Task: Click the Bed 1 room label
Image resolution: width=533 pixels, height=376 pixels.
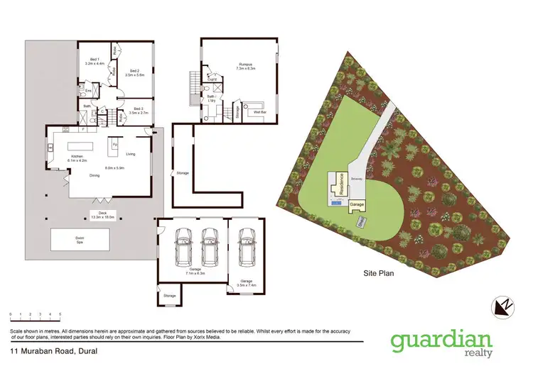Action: (94, 60)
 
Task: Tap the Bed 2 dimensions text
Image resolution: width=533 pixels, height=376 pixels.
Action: (134, 74)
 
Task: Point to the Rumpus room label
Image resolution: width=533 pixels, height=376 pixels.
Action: (246, 65)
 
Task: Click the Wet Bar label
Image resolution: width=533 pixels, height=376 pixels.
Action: (255, 112)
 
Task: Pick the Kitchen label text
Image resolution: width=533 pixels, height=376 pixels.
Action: (76, 157)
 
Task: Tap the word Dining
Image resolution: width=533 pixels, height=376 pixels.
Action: (94, 177)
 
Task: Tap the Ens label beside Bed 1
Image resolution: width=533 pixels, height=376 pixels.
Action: (88, 91)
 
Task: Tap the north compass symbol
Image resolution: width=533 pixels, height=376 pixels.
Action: (502, 305)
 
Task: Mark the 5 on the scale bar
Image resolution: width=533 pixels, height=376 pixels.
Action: (60, 314)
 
